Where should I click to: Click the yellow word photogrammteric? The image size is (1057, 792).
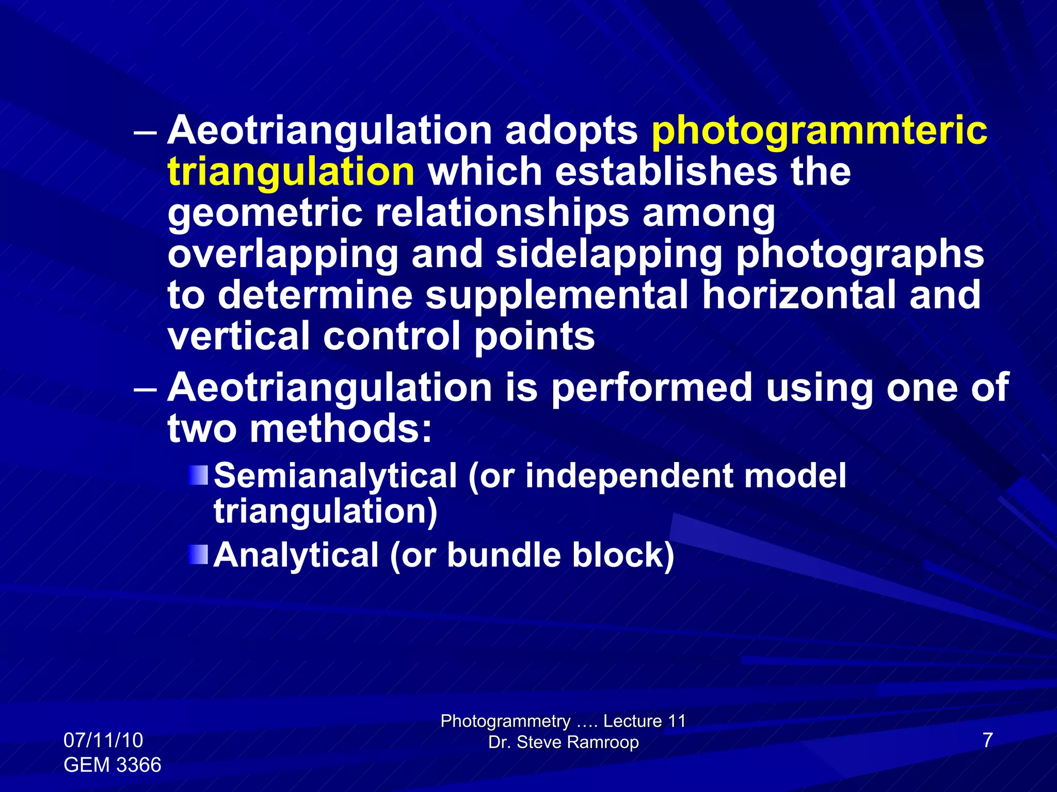tap(820, 131)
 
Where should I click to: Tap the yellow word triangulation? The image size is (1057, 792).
tap(291, 172)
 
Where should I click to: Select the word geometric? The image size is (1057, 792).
tap(265, 213)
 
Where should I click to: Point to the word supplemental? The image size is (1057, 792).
tap(557, 295)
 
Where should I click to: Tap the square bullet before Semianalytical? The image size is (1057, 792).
tap(198, 475)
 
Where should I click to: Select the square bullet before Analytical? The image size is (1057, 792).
tap(198, 555)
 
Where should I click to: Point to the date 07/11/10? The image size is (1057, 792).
tap(103, 740)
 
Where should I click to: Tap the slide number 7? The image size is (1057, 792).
tap(988, 740)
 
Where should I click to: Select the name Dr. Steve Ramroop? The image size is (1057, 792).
tap(564, 742)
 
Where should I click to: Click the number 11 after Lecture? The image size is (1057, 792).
tap(676, 721)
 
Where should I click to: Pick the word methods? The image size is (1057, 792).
tap(341, 429)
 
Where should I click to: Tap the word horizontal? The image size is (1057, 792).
tap(798, 295)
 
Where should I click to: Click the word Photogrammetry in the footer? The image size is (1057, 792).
tap(505, 721)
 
